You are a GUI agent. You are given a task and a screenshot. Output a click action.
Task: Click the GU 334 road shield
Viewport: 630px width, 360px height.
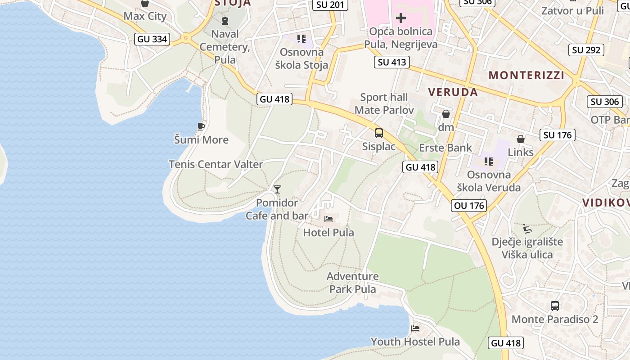(153, 39)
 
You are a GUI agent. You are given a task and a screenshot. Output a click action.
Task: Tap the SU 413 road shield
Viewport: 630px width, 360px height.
(391, 62)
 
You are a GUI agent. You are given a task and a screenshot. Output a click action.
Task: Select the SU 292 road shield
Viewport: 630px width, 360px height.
(586, 50)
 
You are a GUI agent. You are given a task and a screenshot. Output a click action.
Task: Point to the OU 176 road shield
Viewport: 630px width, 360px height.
(469, 206)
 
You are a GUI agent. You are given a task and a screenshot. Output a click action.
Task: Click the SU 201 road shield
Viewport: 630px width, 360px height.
(330, 5)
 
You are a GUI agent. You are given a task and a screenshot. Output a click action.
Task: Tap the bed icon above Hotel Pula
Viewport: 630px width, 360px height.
(329, 219)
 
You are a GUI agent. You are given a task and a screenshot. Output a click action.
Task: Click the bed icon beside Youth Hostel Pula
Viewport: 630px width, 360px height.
(415, 328)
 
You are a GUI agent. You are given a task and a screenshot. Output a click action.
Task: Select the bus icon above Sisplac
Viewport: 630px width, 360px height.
(379, 133)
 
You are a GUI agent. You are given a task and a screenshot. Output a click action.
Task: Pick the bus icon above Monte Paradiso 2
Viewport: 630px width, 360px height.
(555, 306)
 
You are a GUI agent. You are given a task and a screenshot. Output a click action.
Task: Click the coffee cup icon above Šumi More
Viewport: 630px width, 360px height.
(201, 126)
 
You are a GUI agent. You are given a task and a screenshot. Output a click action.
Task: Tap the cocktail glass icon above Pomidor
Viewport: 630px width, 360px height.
(277, 189)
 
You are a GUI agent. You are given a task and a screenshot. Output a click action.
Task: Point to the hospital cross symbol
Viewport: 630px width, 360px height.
(400, 18)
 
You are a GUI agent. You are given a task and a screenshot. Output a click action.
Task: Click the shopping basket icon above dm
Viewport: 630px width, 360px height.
(446, 114)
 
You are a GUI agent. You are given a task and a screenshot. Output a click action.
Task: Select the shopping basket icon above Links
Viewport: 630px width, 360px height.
(521, 139)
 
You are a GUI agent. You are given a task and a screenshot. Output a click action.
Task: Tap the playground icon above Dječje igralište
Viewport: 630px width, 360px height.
(527, 229)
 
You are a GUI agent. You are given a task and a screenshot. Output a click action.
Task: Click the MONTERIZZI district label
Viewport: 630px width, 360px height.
(526, 75)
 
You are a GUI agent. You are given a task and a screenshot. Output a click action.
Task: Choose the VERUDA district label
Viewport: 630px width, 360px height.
(453, 92)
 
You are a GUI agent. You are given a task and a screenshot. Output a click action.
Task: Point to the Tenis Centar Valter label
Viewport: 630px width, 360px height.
(216, 164)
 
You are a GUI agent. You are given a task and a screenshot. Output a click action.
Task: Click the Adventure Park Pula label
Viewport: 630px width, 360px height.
(353, 283)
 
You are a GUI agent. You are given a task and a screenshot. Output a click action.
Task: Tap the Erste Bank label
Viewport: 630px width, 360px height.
(445, 148)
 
